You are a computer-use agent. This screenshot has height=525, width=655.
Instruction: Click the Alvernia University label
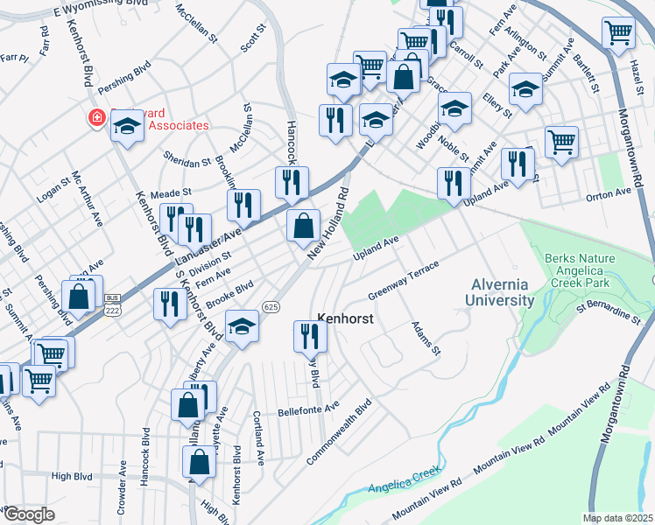tap(503, 292)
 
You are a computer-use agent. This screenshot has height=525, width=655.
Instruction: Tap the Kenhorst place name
tap(345, 319)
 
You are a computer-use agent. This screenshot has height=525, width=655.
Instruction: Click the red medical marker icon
tap(95, 118)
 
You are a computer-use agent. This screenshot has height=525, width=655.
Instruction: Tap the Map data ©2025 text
tap(616, 517)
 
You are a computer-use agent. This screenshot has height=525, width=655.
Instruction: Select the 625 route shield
tap(271, 307)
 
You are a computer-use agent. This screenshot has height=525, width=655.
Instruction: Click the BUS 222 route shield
tap(111, 310)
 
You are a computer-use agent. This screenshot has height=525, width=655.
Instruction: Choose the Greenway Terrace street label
tap(402, 282)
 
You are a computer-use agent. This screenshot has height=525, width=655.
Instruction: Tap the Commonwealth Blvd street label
tap(340, 432)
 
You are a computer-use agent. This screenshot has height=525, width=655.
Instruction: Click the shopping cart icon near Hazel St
tap(619, 32)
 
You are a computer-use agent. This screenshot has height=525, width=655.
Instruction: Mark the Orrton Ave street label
tap(609, 192)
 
